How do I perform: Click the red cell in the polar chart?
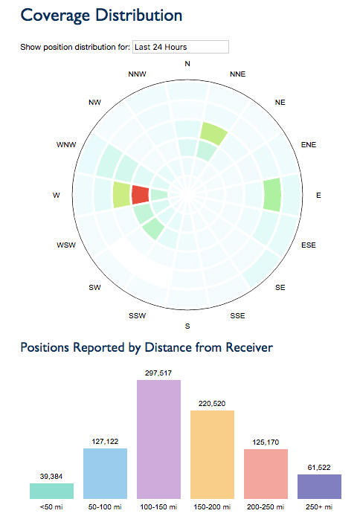click(140, 196)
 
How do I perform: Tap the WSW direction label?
click(65, 245)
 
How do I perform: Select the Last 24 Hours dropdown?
click(180, 47)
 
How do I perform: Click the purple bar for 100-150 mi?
click(159, 439)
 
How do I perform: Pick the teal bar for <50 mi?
click(52, 491)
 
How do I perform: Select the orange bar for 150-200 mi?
click(213, 454)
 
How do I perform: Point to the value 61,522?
click(319, 468)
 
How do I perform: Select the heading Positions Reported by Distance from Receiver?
click(146, 347)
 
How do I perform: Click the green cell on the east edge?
click(272, 195)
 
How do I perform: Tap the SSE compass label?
click(237, 316)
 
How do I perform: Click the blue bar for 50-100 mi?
click(105, 473)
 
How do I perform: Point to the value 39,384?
click(51, 476)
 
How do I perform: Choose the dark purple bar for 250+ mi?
click(319, 486)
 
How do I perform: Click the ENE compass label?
click(307, 145)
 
